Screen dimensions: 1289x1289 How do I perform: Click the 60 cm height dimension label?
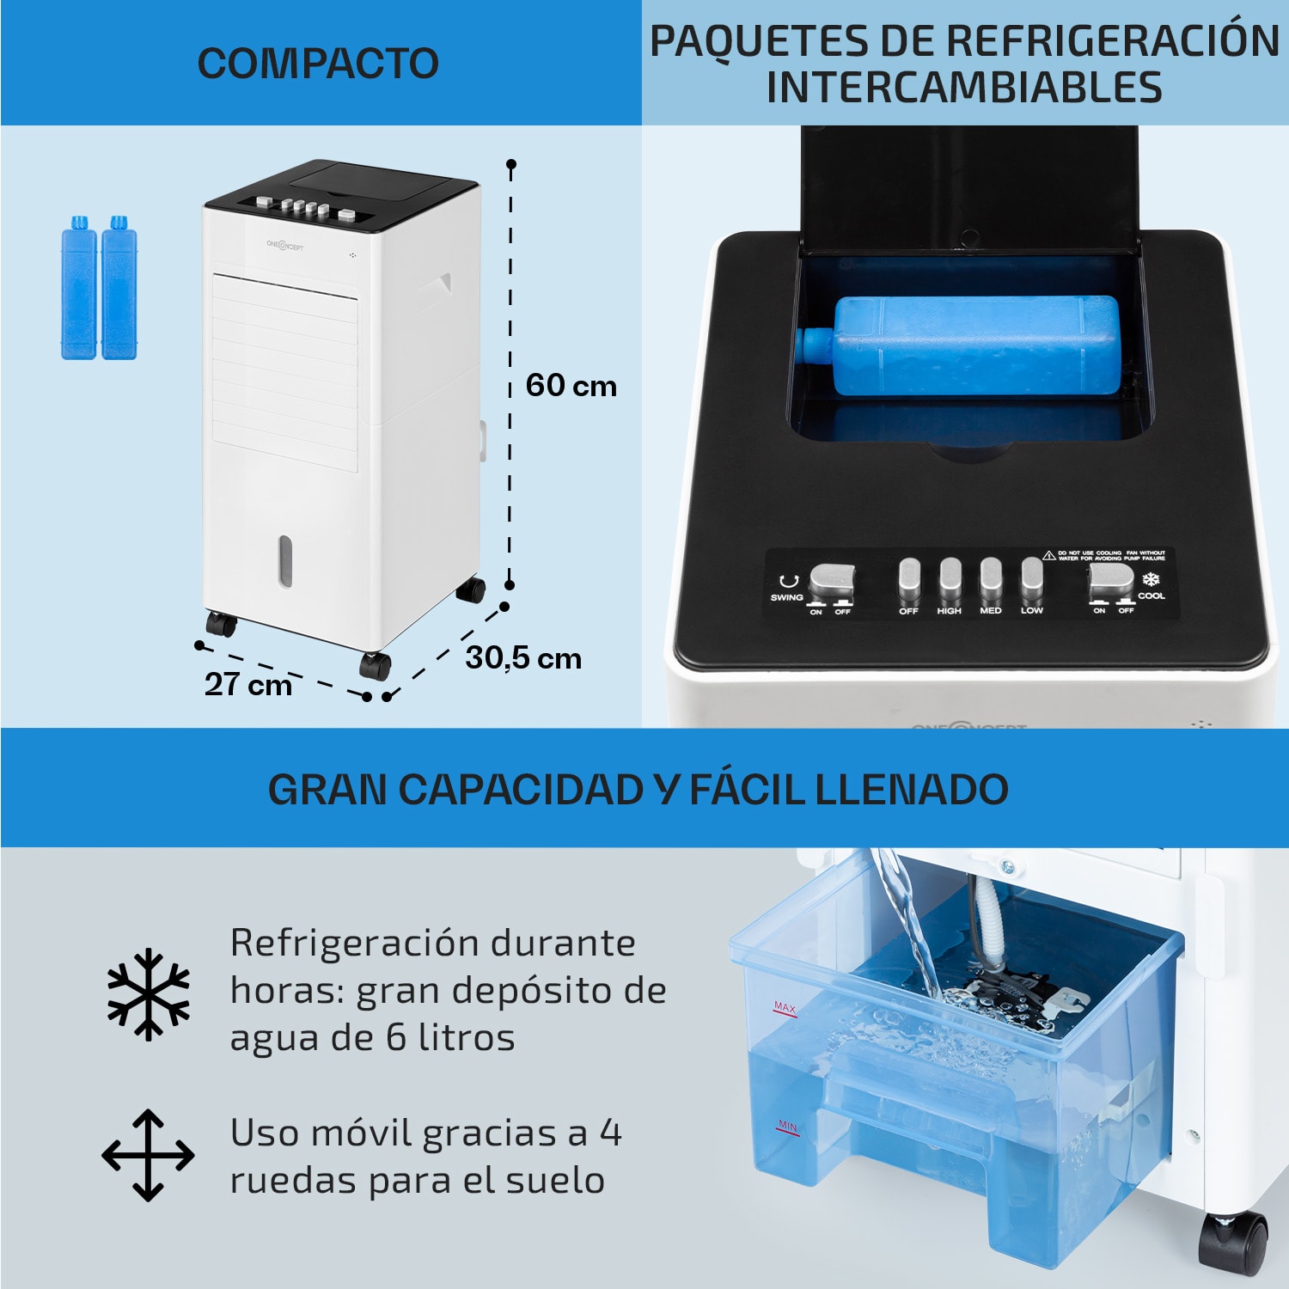pyautogui.click(x=571, y=386)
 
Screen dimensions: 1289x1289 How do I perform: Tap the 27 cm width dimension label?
pyautogui.click(x=248, y=684)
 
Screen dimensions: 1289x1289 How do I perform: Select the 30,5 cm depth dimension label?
pyautogui.click(x=523, y=658)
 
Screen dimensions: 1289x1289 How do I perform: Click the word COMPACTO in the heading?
pyautogui.click(x=318, y=63)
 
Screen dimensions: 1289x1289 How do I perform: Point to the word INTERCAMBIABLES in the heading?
pyautogui.click(x=964, y=88)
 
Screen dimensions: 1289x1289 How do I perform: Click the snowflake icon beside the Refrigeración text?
pyautogui.click(x=149, y=993)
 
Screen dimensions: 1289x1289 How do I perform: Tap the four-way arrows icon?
pyautogui.click(x=148, y=1155)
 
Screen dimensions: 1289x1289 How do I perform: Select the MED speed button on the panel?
pyautogui.click(x=991, y=581)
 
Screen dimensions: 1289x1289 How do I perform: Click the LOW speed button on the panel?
pyautogui.click(x=1031, y=581)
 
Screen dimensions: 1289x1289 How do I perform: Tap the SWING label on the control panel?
pyautogui.click(x=786, y=597)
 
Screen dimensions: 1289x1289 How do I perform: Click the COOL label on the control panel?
pyautogui.click(x=1151, y=596)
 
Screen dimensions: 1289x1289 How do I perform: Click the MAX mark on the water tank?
pyautogui.click(x=785, y=1007)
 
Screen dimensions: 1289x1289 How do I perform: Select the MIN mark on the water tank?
pyautogui.click(x=787, y=1127)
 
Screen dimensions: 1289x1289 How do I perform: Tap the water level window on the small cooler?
pyautogui.click(x=285, y=561)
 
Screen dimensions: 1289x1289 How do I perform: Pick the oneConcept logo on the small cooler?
pyautogui.click(x=284, y=246)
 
